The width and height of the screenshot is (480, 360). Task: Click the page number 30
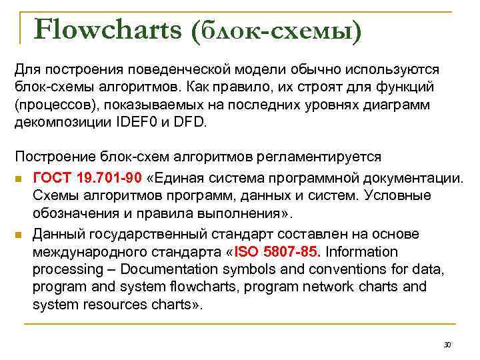447,345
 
